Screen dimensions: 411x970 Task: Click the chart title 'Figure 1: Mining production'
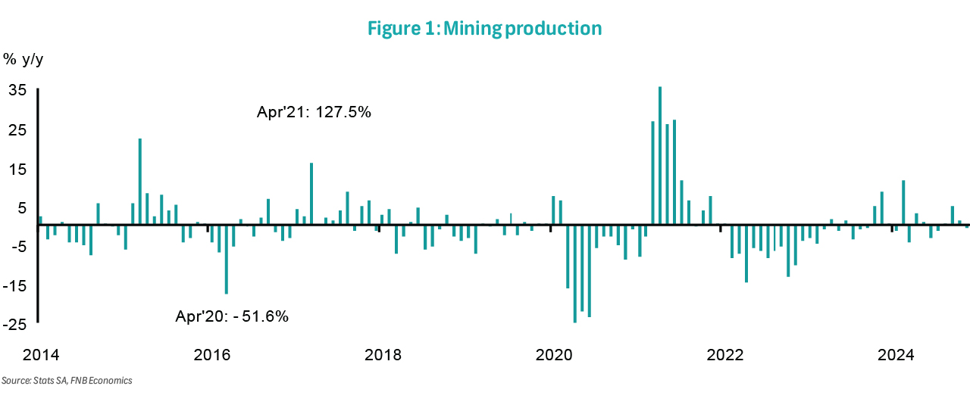click(484, 29)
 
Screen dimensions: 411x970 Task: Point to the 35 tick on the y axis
click(17, 91)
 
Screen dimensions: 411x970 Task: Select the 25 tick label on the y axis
click(17, 130)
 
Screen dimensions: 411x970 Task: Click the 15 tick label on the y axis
click(17, 170)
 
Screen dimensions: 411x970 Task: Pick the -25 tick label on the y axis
click(16, 325)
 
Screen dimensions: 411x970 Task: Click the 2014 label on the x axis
click(40, 355)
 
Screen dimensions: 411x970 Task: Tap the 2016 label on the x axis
click(212, 355)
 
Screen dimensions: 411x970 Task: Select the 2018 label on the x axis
click(383, 355)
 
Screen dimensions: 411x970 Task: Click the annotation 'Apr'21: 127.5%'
click(314, 113)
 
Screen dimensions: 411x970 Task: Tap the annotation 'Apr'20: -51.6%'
click(232, 316)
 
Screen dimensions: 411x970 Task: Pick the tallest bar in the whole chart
click(660, 155)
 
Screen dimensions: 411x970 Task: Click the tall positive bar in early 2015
click(140, 182)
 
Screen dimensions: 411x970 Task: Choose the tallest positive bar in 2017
click(311, 194)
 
